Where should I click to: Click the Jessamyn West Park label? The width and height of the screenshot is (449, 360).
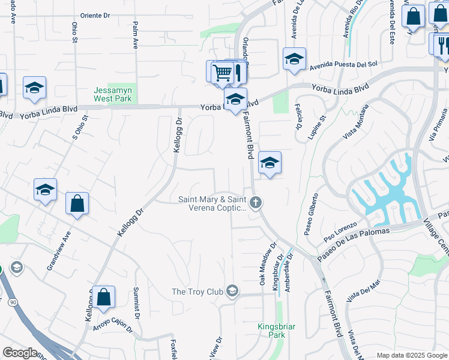112,94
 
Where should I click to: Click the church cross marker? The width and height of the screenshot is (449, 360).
256,202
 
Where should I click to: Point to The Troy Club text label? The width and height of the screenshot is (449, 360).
197,292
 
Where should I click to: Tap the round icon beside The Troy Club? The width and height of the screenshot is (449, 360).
232,292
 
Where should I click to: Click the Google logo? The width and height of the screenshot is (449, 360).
20,353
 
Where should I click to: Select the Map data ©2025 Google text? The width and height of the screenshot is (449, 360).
412,355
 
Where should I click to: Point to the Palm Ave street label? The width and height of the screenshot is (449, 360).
136,35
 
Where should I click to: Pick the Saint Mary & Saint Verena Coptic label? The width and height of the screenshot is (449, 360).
213,203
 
